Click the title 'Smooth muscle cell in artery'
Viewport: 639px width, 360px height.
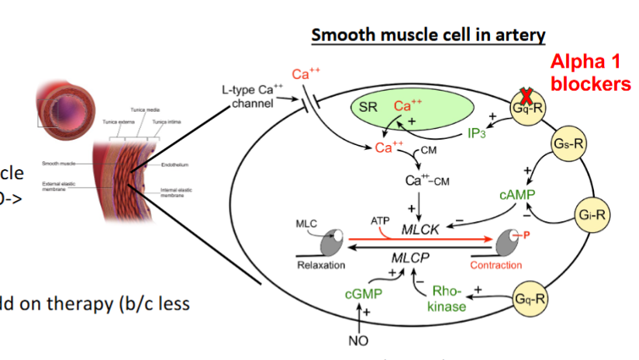click(x=428, y=35)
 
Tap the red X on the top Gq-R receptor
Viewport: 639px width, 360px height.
click(x=525, y=97)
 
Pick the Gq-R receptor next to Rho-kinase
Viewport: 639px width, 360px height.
click(x=530, y=299)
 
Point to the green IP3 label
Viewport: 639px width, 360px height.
click(x=477, y=134)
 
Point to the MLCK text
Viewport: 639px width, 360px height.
click(x=420, y=230)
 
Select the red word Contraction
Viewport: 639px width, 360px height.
click(x=496, y=265)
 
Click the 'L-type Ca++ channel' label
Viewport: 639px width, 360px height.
click(x=247, y=97)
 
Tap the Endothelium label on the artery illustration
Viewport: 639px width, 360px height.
click(x=174, y=164)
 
